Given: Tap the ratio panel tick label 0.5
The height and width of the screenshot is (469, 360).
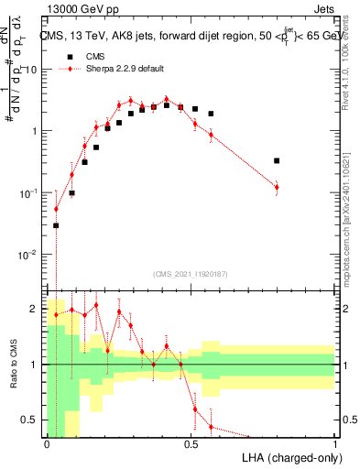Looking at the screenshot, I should point(29,420).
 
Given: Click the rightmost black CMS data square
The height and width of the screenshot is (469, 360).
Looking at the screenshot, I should point(277,160).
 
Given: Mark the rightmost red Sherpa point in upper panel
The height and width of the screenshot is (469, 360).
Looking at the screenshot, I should point(277,187).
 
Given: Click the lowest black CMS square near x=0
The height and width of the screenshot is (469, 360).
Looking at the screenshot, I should point(56,225).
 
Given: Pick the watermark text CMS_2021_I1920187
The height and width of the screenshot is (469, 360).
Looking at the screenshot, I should point(191,273).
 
